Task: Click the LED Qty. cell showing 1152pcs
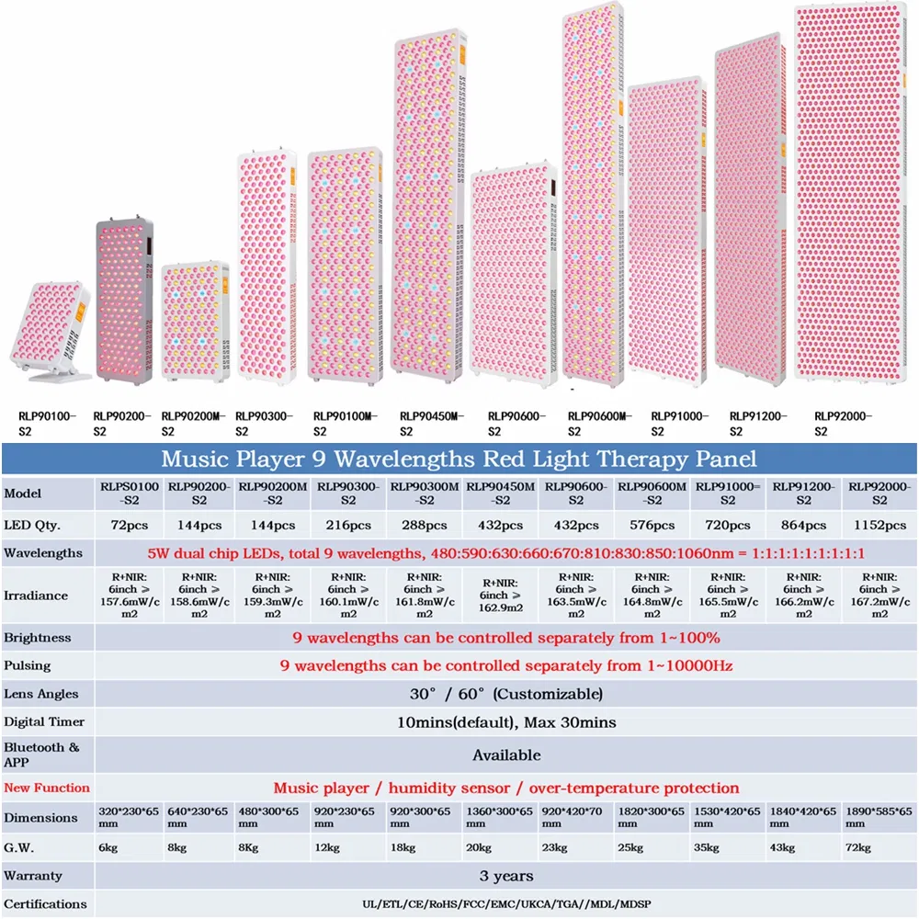point(879,525)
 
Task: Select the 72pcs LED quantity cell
point(128,525)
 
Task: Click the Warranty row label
point(32,876)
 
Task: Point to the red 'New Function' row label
point(47,788)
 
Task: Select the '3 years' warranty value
point(506,876)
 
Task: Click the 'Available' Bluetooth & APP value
point(506,754)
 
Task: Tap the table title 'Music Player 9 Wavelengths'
point(459,459)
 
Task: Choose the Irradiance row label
point(36,595)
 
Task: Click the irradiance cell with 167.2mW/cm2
point(879,596)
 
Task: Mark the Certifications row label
point(46,903)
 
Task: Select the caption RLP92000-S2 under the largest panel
point(844,424)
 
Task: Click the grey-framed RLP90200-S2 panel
point(123,299)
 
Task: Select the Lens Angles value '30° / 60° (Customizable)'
point(506,694)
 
